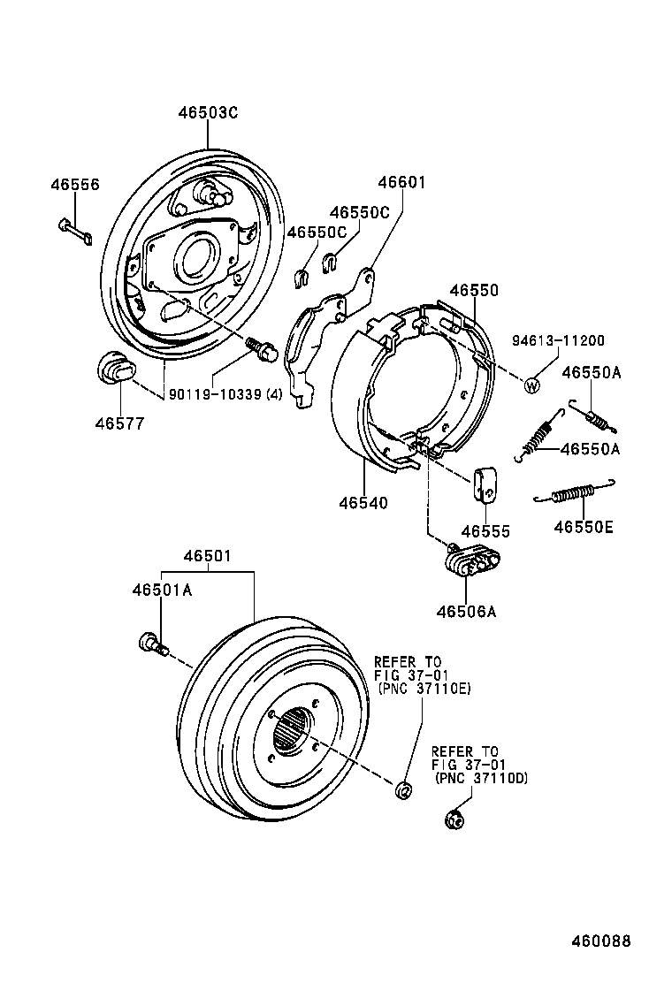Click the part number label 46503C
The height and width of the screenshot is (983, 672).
[x=208, y=113]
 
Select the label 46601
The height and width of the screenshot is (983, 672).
[x=402, y=183]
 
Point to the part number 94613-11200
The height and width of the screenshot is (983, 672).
[x=559, y=340]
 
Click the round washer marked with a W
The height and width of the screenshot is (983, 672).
[x=533, y=385]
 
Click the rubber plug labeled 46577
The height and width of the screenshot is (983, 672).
[x=113, y=368]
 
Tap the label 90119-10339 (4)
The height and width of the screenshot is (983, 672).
[x=225, y=393]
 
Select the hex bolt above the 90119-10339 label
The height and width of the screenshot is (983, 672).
[x=263, y=348]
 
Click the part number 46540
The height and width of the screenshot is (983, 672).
[x=363, y=503]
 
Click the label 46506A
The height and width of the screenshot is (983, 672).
[x=466, y=611]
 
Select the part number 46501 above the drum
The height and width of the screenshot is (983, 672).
[x=208, y=556]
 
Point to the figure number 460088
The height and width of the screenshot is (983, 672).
[x=601, y=942]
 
